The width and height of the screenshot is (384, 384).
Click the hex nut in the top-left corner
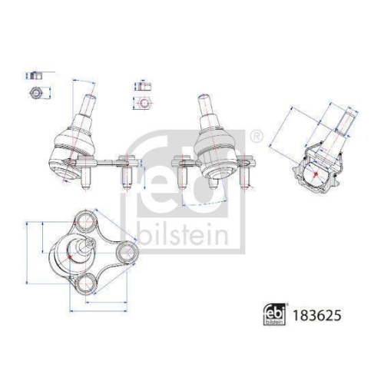click(35, 93)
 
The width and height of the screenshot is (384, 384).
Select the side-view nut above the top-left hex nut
click(34, 77)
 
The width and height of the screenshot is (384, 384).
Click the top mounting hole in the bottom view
click(82, 223)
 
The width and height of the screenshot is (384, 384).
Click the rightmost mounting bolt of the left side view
click(127, 175)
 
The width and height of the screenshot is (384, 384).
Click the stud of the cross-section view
click(344, 123)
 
